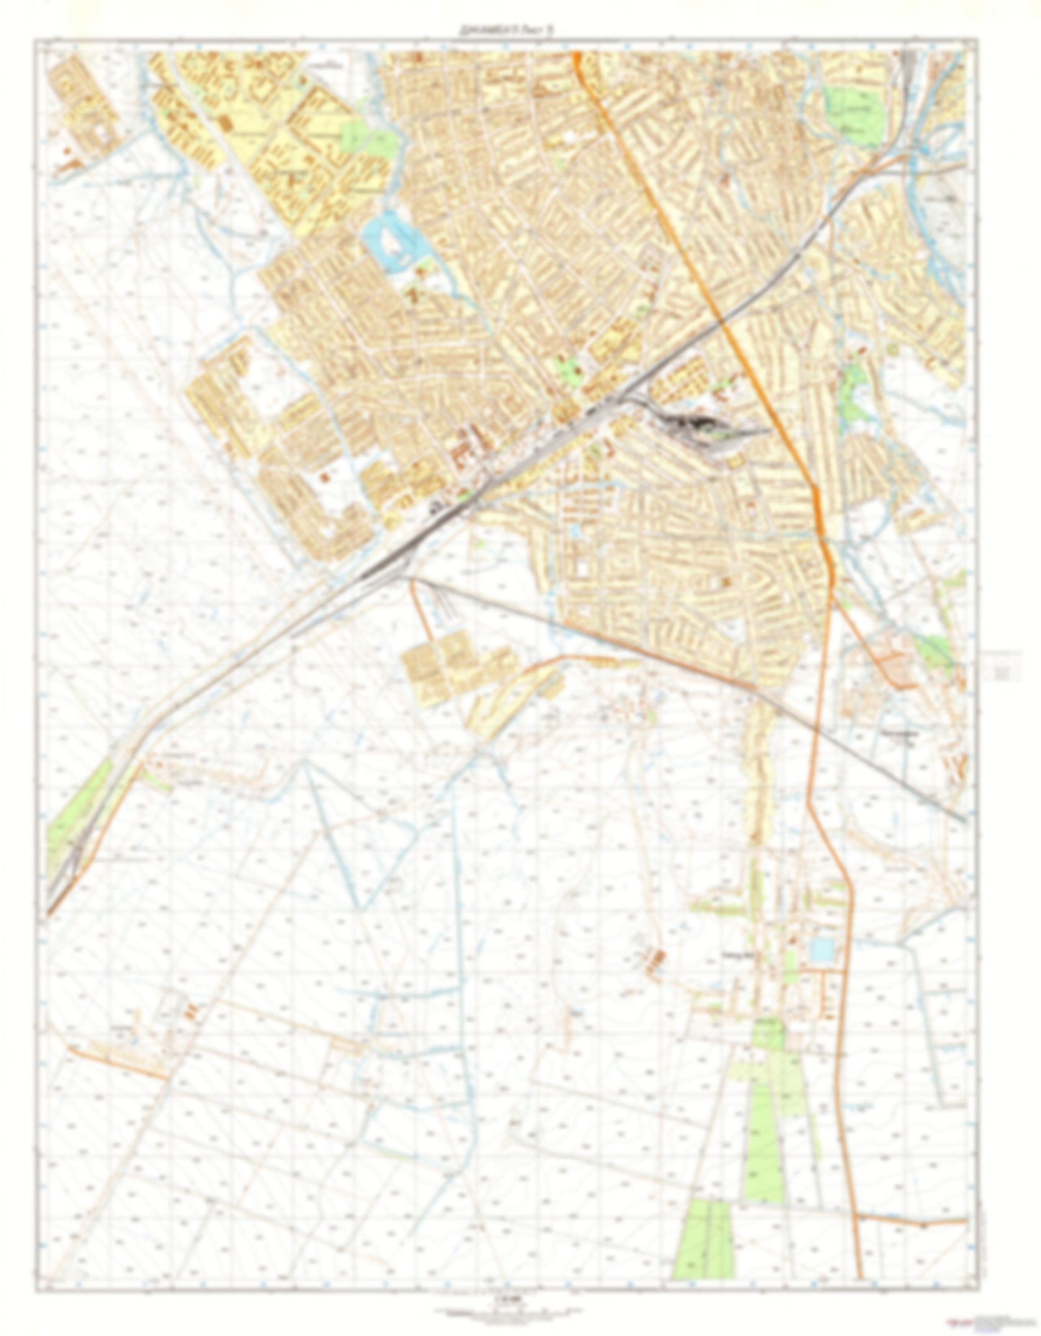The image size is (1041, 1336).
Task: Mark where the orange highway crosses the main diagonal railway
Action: [723, 322]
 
